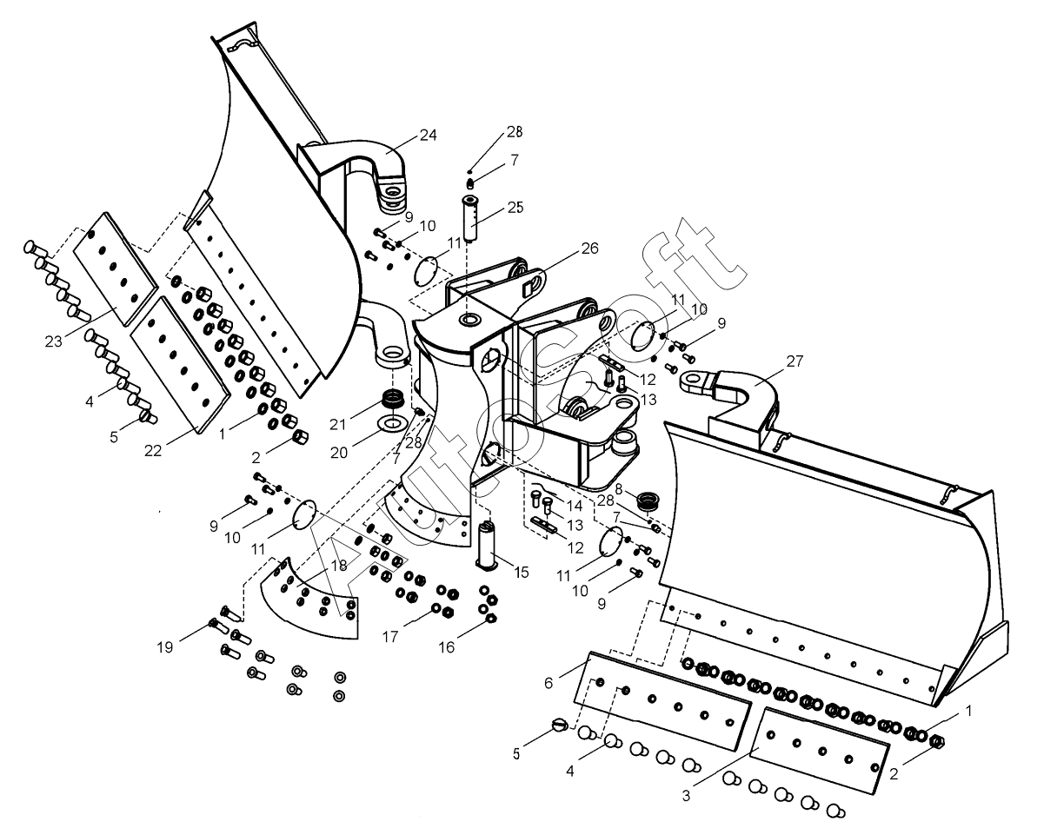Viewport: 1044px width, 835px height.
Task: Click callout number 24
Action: coord(428,135)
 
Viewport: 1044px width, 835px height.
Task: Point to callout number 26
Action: coord(590,249)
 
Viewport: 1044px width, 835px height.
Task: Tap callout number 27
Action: coord(795,361)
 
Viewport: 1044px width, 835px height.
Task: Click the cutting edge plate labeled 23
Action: coord(116,268)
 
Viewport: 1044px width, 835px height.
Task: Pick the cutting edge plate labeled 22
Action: coord(180,365)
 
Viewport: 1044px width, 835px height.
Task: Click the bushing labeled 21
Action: coord(394,400)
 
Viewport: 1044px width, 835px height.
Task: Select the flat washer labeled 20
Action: coord(390,424)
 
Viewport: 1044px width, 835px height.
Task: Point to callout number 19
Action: coord(165,646)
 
